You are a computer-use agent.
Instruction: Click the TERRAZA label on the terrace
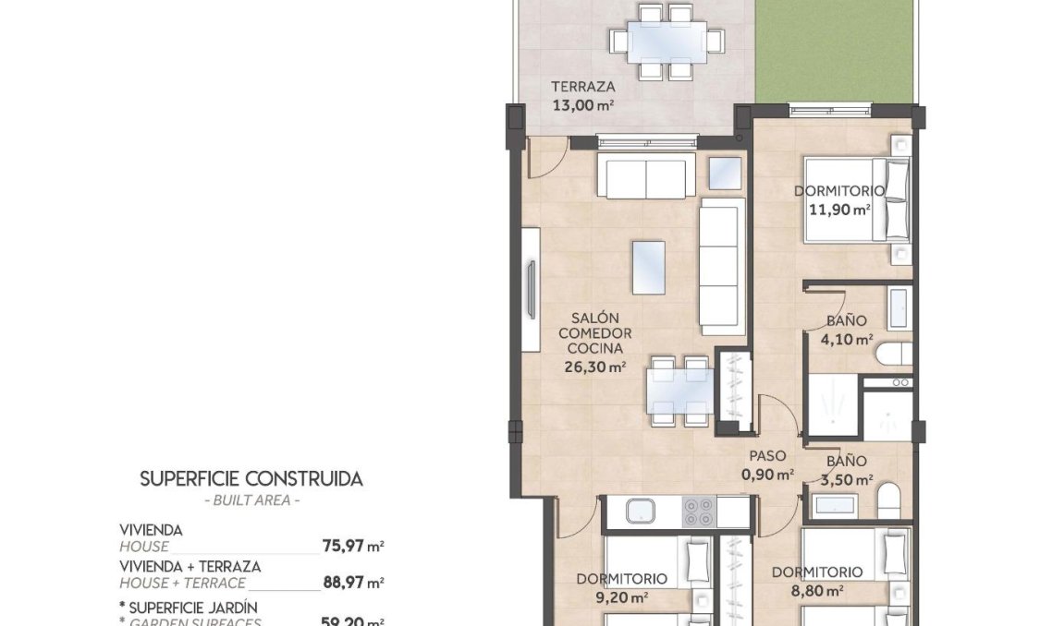pos(583,87)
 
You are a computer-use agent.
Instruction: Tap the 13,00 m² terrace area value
pos(583,104)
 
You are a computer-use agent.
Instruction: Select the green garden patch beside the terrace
pos(833,52)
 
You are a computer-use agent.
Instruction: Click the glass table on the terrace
pos(666,41)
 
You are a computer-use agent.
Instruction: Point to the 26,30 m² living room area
pos(595,366)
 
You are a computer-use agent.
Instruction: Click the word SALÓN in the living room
pos(594,317)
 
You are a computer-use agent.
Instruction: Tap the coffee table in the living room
pos(649,267)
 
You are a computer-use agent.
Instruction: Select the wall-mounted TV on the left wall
pos(531,289)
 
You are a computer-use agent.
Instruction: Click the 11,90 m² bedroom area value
pos(838,210)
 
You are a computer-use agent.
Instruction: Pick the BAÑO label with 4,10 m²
pos(846,321)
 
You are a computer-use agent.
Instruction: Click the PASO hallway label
pos(767,456)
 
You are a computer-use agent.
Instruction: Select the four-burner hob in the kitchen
pos(698,511)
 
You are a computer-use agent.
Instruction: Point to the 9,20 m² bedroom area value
pos(621,596)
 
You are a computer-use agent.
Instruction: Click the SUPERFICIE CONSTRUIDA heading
pos(251,478)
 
